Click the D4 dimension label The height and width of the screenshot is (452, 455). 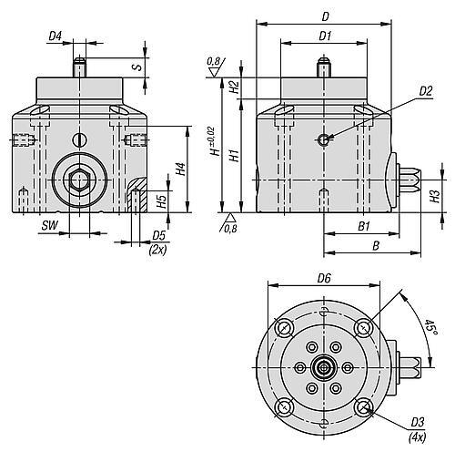(x=56, y=36)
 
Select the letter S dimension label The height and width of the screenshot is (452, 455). (x=138, y=67)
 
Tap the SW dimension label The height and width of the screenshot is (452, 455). (x=49, y=226)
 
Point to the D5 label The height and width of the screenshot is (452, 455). (x=158, y=235)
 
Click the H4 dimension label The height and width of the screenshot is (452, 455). (x=181, y=169)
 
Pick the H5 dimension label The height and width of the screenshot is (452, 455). (x=163, y=201)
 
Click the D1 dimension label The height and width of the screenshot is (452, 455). (x=325, y=36)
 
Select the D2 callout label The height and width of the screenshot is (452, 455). (x=426, y=91)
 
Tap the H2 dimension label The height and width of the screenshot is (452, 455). (x=235, y=87)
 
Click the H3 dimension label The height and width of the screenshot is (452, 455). (x=435, y=197)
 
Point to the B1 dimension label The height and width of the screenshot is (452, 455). (x=364, y=226)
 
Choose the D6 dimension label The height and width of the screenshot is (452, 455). (x=324, y=278)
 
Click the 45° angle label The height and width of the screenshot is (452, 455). (x=430, y=327)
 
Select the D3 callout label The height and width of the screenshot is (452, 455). (x=418, y=422)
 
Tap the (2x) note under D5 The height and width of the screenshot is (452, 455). (x=157, y=250)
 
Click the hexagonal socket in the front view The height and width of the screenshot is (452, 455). (x=79, y=180)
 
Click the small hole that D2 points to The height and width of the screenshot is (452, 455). (x=324, y=139)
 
